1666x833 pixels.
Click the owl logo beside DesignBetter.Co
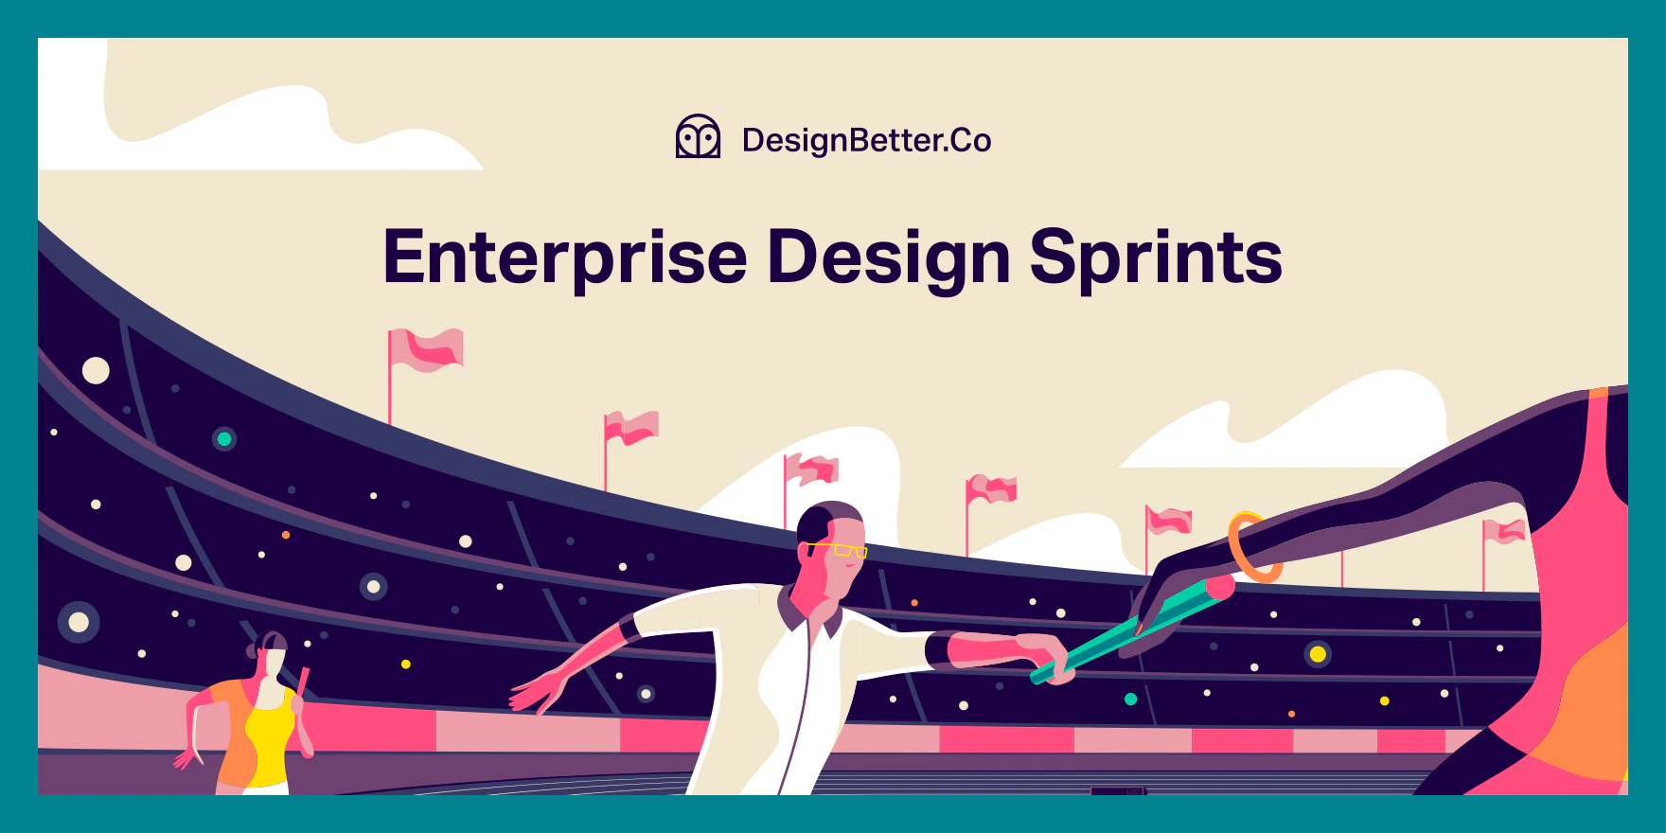coord(698,138)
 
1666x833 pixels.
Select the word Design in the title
coord(888,257)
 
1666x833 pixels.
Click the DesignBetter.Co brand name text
coord(866,140)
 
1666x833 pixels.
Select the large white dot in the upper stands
coord(96,370)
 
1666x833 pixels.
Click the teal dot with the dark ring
coord(224,439)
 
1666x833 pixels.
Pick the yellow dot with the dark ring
coord(1318,654)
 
